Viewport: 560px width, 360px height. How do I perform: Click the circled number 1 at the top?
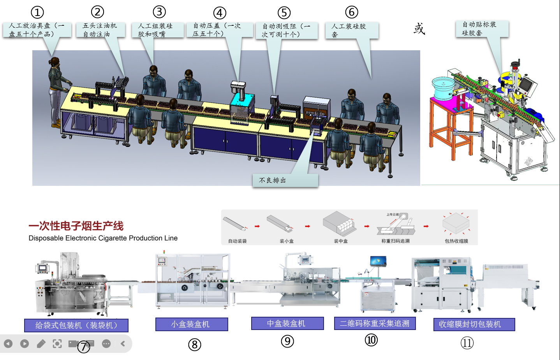tap(37, 12)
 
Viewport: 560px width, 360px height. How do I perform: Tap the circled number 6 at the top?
tap(351, 12)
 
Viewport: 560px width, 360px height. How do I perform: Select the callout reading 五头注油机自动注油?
tap(100, 30)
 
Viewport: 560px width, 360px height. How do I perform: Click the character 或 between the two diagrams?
tap(419, 28)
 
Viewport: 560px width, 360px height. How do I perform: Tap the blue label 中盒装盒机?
tap(287, 323)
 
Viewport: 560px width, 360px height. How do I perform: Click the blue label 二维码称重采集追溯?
tap(375, 323)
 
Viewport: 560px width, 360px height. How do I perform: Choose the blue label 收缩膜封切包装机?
tap(474, 324)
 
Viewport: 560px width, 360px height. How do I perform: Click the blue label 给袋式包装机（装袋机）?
tap(76, 325)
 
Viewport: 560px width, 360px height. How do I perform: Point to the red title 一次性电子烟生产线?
tap(76, 226)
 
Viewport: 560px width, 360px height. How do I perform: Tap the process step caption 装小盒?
tap(287, 241)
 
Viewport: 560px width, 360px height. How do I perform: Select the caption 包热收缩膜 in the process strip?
tap(456, 241)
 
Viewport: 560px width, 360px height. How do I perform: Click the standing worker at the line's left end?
tap(56, 92)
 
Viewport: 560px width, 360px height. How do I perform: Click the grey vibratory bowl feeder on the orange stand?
tap(443, 88)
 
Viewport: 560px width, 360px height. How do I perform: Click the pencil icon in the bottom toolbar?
tap(41, 344)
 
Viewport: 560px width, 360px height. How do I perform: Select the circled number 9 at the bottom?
tap(287, 341)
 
